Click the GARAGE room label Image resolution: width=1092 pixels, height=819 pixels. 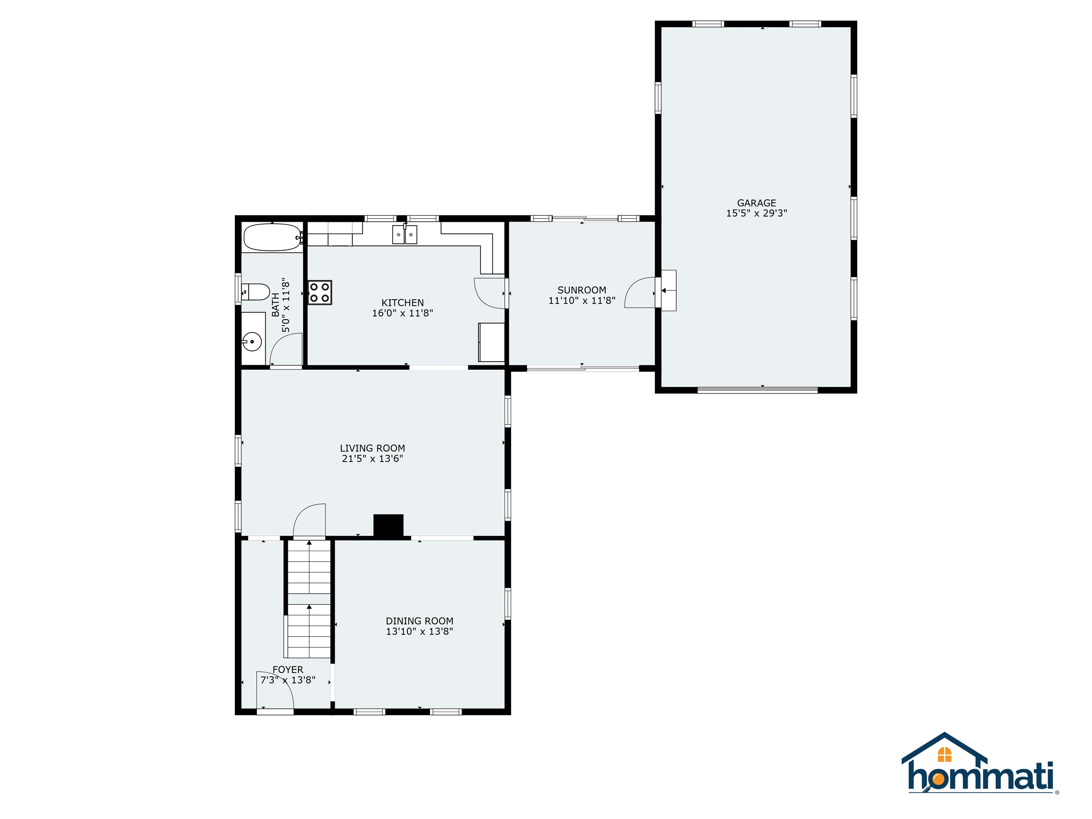(756, 203)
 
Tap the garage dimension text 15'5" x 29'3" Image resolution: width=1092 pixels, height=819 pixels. (756, 213)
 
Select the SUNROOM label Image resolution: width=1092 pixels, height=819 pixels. (582, 290)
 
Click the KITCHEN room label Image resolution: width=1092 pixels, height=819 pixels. (402, 303)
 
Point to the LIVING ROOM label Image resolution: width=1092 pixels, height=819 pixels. (372, 448)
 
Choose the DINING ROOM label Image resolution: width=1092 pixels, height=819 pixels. (419, 621)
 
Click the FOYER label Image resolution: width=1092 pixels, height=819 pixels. (288, 669)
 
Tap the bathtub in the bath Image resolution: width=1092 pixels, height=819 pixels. (272, 237)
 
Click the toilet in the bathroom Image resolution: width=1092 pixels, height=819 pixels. (257, 292)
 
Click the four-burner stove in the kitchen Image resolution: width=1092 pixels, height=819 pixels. (320, 292)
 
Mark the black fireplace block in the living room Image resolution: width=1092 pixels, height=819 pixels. (389, 525)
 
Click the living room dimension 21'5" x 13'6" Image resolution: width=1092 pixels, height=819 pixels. (372, 459)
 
